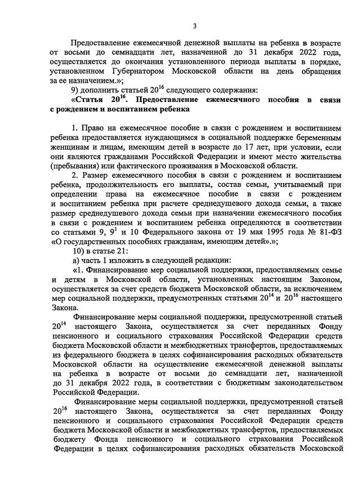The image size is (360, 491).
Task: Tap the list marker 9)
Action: [76, 91]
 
